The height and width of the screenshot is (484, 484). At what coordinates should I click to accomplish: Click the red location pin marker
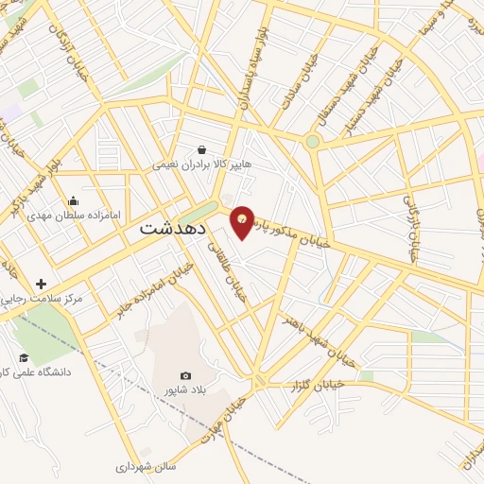[243, 221]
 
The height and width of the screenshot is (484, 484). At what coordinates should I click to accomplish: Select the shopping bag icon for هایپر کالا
[202, 149]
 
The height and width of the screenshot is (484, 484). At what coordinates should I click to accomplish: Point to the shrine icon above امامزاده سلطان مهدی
[74, 200]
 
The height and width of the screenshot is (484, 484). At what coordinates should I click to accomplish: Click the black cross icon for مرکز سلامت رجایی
[41, 284]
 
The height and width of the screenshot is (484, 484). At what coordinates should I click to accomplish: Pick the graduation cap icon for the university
[24, 357]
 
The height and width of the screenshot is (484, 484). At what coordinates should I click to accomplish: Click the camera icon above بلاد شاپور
[185, 375]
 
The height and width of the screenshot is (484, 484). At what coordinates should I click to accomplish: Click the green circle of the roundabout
[312, 142]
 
